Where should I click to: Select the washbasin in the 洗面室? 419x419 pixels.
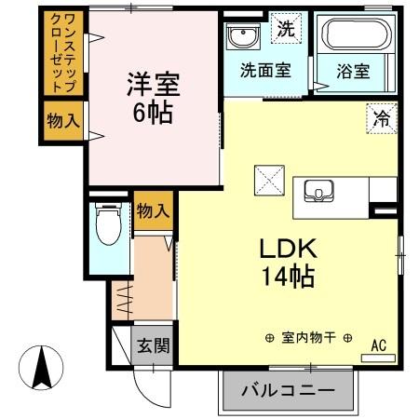242,37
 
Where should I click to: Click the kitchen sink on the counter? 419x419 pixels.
319,193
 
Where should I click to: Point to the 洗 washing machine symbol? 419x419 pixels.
287,27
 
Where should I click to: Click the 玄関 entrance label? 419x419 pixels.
154,346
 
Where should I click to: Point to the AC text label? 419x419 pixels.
379,344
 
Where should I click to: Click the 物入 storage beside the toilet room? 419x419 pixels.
154,211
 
